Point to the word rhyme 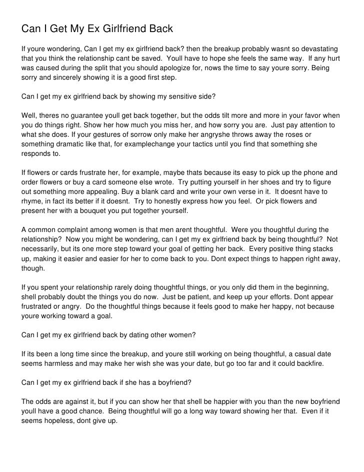click(x=32, y=201)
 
